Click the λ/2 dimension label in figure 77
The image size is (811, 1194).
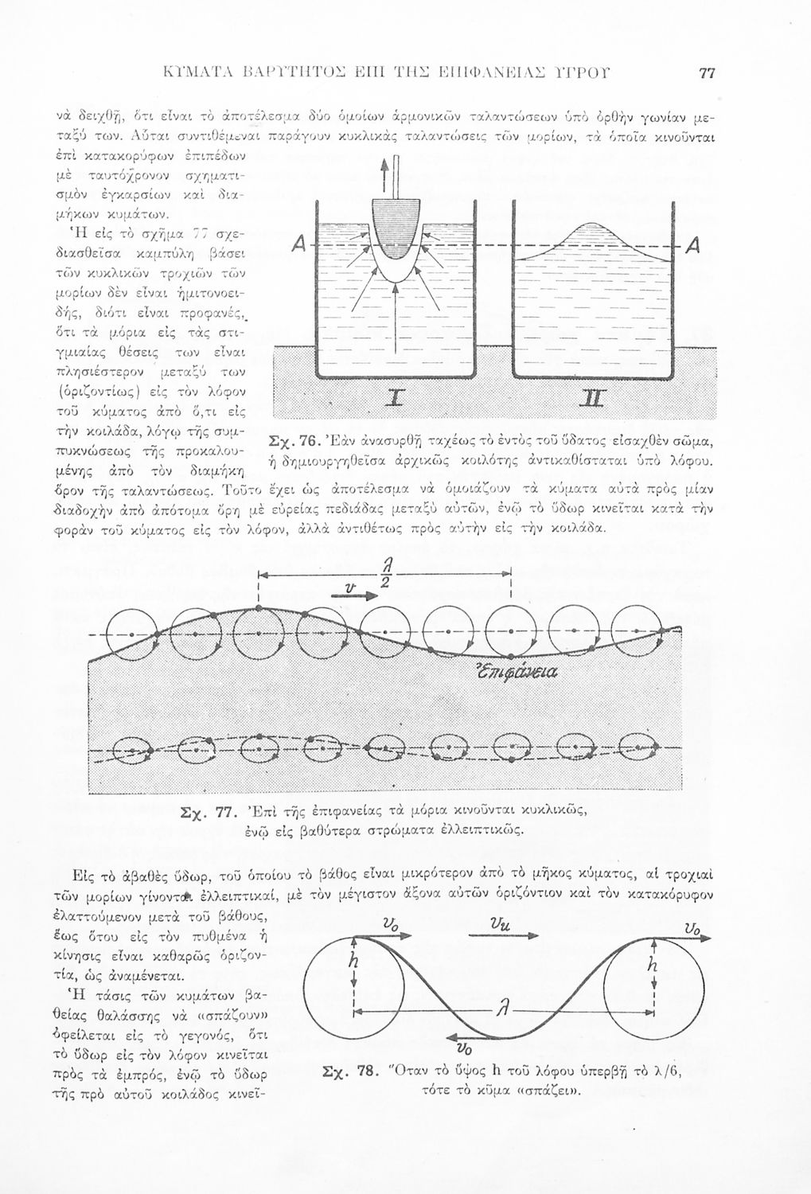click(386, 575)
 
